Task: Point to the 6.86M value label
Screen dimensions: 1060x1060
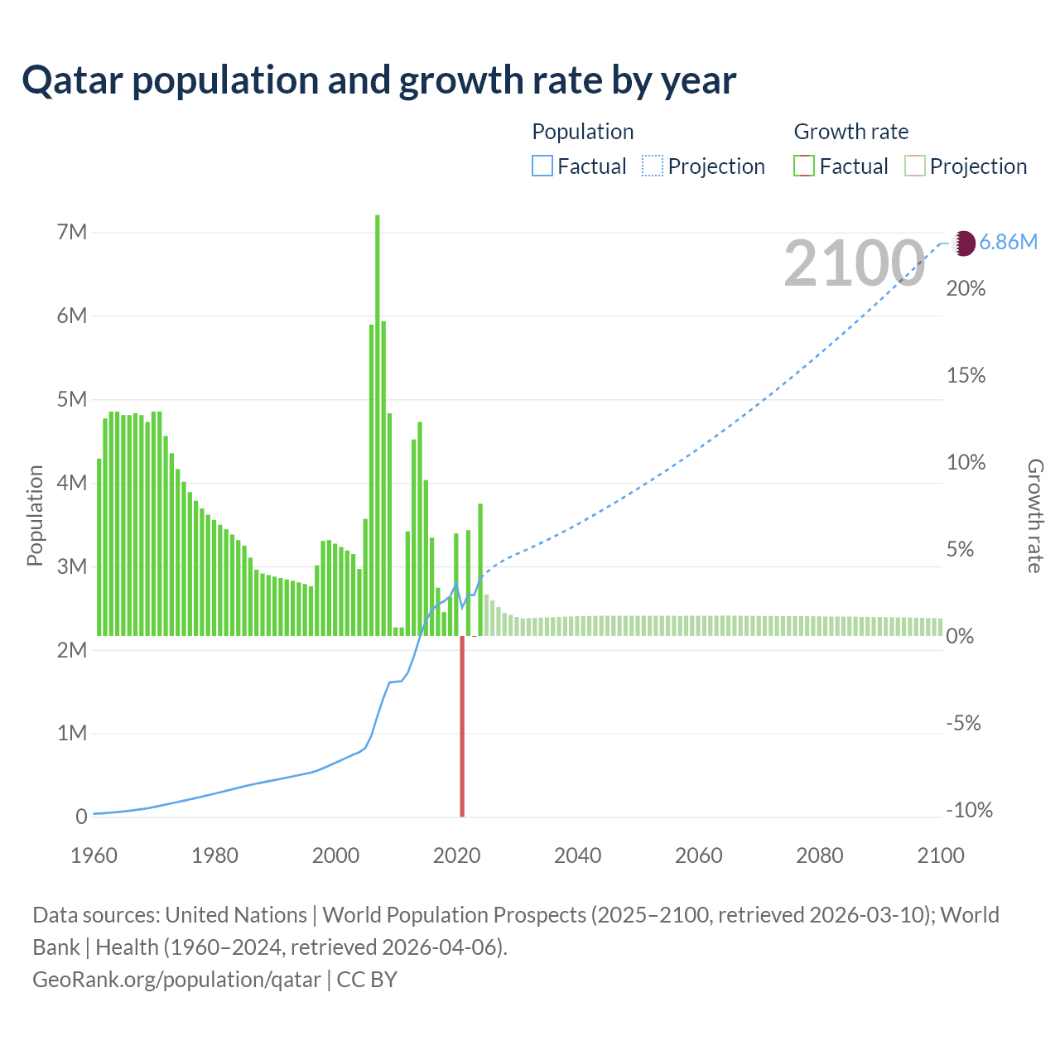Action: [1008, 242]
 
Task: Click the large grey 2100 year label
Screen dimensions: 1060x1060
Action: [854, 263]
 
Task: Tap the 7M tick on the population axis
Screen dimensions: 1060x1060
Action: [72, 232]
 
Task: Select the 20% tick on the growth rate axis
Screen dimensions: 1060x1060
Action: [966, 289]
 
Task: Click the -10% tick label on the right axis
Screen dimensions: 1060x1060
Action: [969, 810]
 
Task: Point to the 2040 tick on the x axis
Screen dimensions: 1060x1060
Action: [577, 855]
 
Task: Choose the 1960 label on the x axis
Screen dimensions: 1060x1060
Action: [94, 855]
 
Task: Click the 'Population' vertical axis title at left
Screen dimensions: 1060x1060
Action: [35, 515]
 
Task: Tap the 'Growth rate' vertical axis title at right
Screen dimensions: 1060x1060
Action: [1034, 515]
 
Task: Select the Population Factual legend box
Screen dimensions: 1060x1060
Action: [542, 166]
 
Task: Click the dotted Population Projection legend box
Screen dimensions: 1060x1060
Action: [653, 166]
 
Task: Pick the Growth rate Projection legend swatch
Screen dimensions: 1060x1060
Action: [914, 166]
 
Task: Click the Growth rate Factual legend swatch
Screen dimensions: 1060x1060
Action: [803, 166]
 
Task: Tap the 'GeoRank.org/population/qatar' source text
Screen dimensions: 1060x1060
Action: [176, 980]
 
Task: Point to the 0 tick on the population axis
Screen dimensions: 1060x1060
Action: [81, 817]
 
